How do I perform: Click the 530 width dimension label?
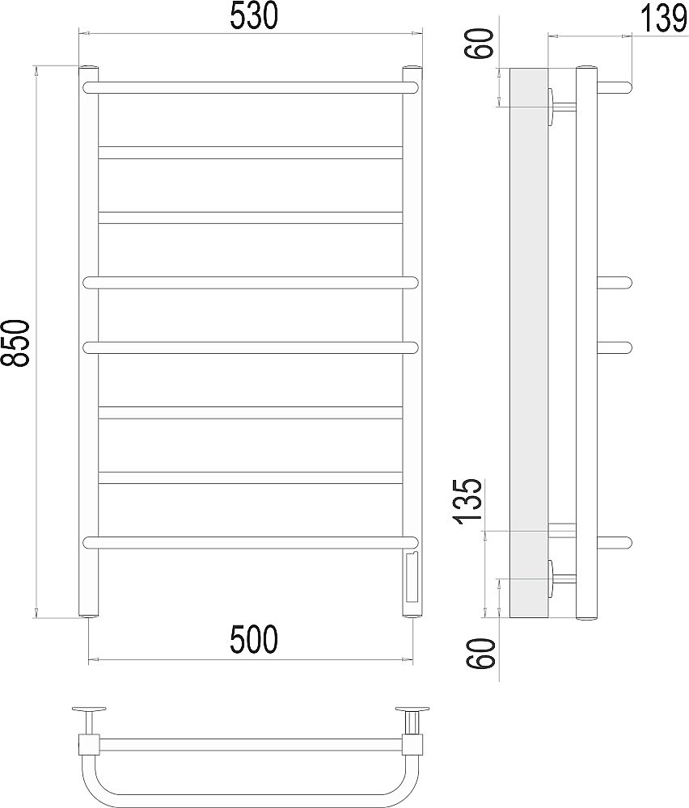coord(254,16)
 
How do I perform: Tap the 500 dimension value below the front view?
coord(254,640)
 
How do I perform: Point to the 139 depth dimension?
coord(664,19)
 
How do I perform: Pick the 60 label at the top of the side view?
coord(482,44)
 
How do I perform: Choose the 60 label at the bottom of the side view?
coord(483,654)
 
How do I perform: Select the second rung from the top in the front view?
coord(250,152)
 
